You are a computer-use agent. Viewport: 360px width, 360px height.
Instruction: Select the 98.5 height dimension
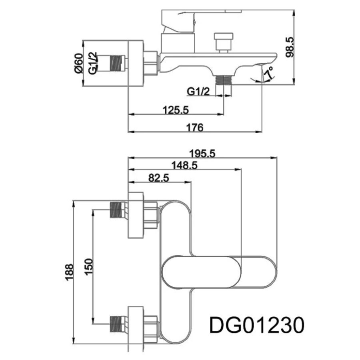point(290,47)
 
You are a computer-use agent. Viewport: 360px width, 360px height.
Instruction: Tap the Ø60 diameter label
point(78,63)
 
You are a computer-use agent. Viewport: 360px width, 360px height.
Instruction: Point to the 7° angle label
point(269,73)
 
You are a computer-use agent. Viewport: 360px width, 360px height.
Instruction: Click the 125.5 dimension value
point(176,110)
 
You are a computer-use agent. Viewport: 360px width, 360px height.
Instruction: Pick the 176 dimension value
point(195,128)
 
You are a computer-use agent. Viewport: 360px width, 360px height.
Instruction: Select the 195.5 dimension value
point(202,154)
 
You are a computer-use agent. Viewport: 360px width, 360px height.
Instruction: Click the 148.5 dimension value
point(184,165)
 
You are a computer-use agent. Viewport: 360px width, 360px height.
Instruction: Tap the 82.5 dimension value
point(159,178)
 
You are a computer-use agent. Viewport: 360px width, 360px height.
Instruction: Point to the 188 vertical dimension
point(69,272)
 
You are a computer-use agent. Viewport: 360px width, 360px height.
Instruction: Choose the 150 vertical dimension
point(89,266)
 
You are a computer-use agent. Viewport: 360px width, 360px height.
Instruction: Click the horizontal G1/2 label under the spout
point(198,91)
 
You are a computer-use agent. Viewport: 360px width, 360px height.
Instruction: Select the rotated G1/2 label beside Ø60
point(93,63)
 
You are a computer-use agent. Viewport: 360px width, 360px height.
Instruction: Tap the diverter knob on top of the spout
point(223,43)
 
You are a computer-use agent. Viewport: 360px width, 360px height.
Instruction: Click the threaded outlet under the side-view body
point(224,80)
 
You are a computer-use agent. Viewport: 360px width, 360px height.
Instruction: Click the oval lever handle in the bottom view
point(220,272)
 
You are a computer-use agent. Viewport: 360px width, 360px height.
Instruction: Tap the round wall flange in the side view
point(136,63)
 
